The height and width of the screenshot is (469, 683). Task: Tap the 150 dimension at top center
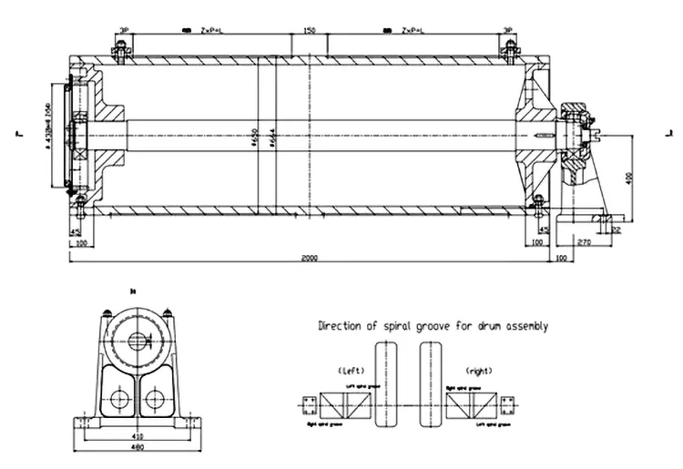pyautogui.click(x=309, y=31)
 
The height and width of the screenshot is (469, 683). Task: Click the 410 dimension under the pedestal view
pyautogui.click(x=136, y=435)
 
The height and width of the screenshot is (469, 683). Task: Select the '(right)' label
pyautogui.click(x=478, y=371)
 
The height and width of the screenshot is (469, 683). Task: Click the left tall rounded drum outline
pyautogui.click(x=386, y=383)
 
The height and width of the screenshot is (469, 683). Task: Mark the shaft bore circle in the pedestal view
pyautogui.click(x=138, y=342)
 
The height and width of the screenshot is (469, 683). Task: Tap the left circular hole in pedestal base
pyautogui.click(x=117, y=398)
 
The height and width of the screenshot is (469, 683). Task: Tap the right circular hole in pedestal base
pyautogui.click(x=156, y=398)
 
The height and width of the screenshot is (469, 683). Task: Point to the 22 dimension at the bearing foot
pyautogui.click(x=617, y=231)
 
